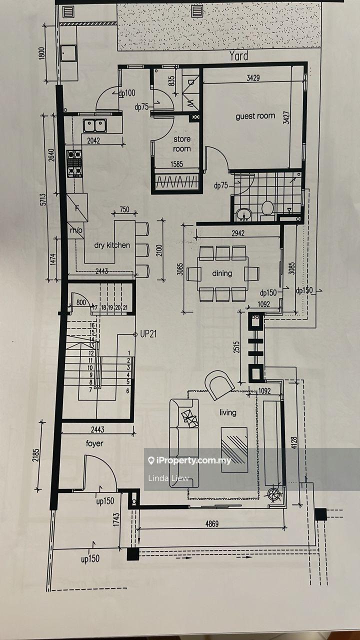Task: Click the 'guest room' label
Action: [x=255, y=116]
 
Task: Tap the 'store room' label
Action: [x=182, y=143]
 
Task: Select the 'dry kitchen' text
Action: [x=112, y=245]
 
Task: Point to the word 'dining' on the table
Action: [x=222, y=273]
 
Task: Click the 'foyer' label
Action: [x=94, y=443]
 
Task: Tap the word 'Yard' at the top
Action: [x=238, y=56]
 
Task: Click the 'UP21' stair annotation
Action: [x=148, y=334]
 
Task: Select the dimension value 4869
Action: [x=212, y=523]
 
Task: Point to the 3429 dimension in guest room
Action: [x=253, y=77]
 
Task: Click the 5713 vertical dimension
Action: [x=43, y=199]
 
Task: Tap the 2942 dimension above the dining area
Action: [x=238, y=233]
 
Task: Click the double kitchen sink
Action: [x=95, y=125]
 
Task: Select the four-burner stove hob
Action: [x=74, y=163]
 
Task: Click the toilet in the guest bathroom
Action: [x=267, y=210]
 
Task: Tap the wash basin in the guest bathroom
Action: [x=244, y=214]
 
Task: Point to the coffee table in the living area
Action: [x=234, y=449]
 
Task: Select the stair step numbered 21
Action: [x=125, y=307]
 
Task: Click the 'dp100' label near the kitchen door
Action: [x=127, y=93]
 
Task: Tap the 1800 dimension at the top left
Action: [x=41, y=53]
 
